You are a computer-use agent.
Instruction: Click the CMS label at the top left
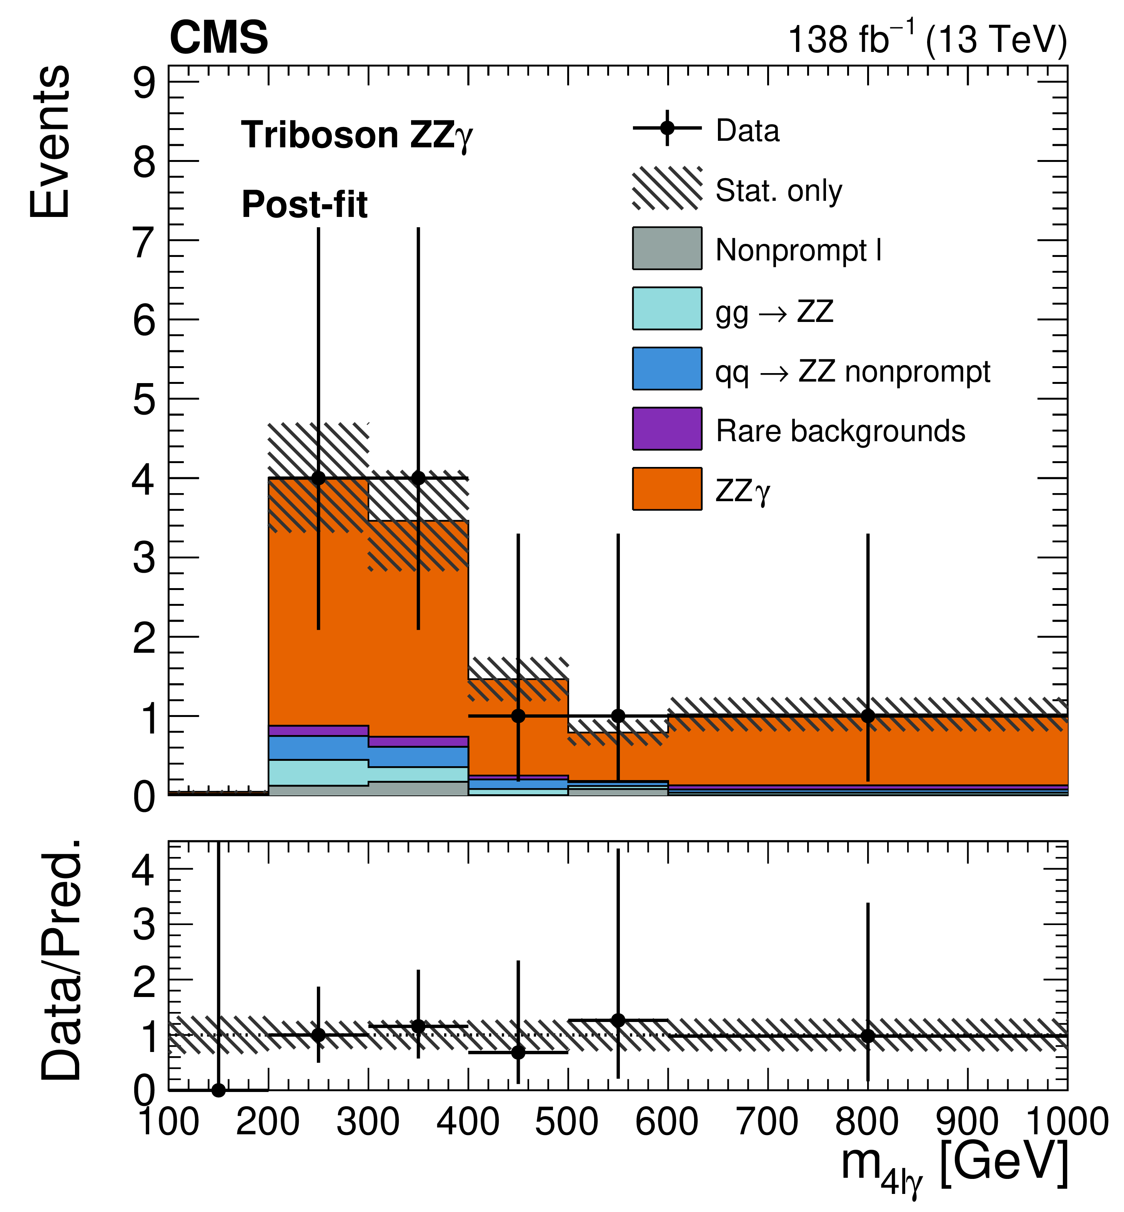coord(219,38)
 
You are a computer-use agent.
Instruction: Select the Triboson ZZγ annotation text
coord(357,135)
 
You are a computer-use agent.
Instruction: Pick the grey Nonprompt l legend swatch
coord(667,248)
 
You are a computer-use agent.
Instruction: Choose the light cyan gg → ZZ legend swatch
coord(667,308)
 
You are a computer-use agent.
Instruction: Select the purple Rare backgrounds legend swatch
coord(667,428)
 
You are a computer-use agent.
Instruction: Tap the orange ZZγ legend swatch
coord(667,488)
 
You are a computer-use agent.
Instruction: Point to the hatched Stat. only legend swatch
coord(667,188)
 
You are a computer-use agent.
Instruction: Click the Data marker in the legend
coord(667,128)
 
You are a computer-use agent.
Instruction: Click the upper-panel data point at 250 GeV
coord(318,478)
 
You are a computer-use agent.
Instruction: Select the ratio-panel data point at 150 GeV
coord(218,1090)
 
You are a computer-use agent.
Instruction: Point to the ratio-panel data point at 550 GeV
coord(618,1020)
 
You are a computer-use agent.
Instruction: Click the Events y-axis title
coord(50,141)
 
